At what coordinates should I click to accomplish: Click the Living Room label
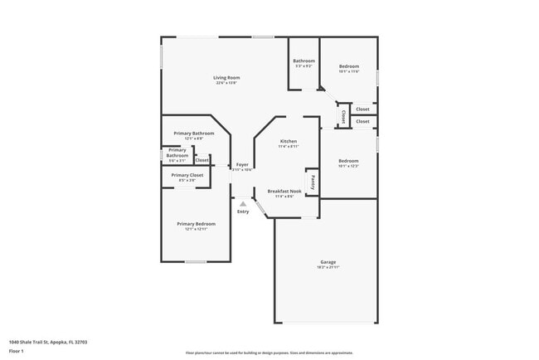pos(226,78)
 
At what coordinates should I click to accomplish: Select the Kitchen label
pos(289,141)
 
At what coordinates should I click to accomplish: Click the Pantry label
pos(313,181)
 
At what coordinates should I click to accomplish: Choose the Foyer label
pos(242,164)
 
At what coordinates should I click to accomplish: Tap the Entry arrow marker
pos(242,203)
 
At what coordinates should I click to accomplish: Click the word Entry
pos(243,212)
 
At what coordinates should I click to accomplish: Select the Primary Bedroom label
pos(196,223)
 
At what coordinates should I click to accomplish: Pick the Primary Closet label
pos(187,175)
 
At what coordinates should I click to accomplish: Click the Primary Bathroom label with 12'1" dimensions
pos(194,134)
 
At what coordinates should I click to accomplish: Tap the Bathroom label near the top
pos(303,61)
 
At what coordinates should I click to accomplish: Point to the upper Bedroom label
pos(348,66)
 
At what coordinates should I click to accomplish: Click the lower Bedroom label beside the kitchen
pos(348,160)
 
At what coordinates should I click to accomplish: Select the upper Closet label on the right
pos(362,109)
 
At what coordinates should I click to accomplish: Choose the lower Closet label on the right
pos(362,121)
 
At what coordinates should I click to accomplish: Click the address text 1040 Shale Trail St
pos(48,341)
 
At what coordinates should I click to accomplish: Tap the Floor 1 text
pos(17,350)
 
